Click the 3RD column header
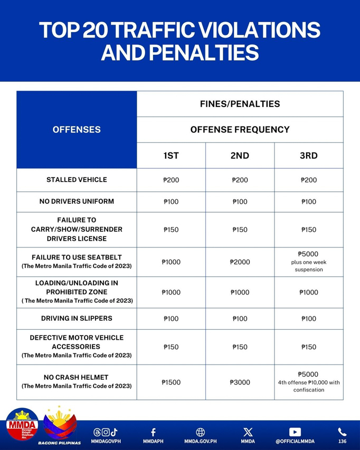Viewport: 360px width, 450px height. (x=309, y=156)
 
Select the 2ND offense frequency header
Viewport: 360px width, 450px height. (x=240, y=156)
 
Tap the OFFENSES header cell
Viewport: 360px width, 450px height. (x=77, y=130)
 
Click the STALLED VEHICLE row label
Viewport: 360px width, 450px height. (x=77, y=180)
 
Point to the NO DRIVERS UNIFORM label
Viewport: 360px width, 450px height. (x=77, y=202)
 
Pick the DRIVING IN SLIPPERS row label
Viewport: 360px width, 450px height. (x=77, y=319)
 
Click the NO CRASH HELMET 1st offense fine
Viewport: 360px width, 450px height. (x=171, y=382)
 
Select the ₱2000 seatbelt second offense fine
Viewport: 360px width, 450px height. (x=240, y=262)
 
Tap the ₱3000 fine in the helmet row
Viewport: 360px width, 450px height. (x=240, y=382)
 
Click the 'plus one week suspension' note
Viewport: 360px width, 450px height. (x=309, y=266)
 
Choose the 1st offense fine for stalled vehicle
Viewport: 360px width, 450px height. (x=171, y=180)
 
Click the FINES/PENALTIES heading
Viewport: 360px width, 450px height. (x=240, y=104)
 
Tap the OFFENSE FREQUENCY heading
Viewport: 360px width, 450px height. (x=240, y=130)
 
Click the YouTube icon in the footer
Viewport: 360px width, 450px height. (x=296, y=432)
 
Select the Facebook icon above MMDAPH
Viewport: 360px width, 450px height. (x=153, y=432)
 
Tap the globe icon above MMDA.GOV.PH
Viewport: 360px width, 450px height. (x=201, y=432)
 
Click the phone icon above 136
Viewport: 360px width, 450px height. (x=342, y=432)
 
